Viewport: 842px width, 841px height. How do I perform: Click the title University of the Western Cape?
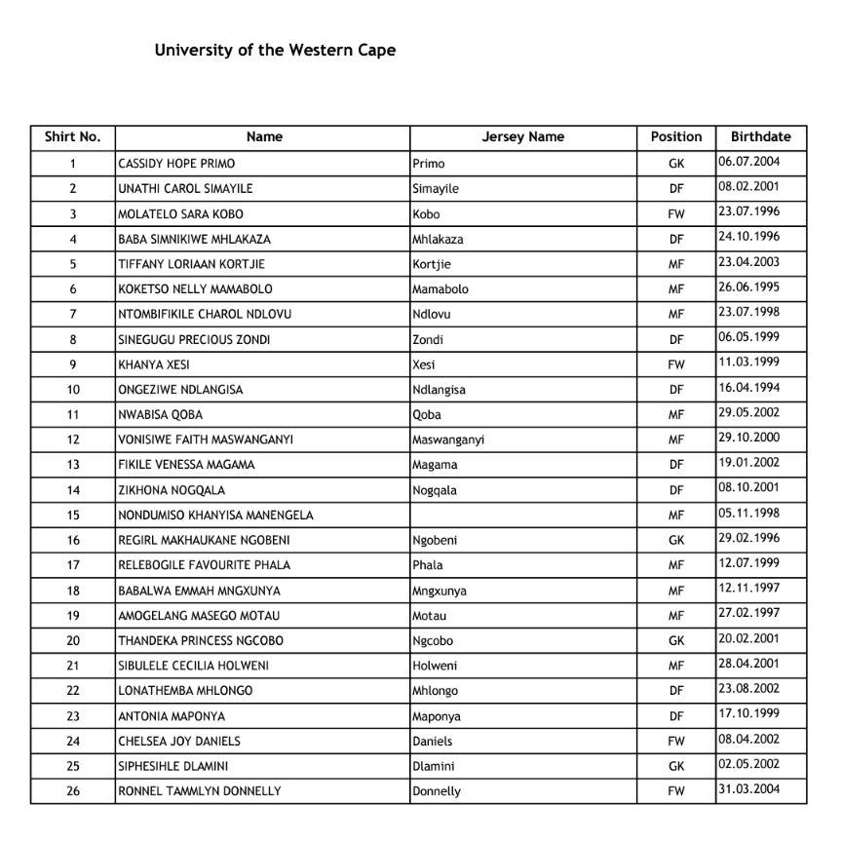(x=275, y=50)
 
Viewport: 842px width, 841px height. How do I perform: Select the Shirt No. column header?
(x=72, y=137)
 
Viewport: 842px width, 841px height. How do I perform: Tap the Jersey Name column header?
(x=522, y=137)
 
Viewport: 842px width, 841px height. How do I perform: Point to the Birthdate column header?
(x=760, y=137)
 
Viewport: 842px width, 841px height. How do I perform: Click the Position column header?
(x=675, y=137)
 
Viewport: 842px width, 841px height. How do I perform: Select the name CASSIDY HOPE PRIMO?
(x=176, y=164)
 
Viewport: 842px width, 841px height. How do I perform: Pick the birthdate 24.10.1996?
(x=748, y=237)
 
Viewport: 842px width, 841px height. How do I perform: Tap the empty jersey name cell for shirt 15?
(x=522, y=515)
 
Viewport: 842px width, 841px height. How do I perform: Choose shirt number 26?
(x=73, y=791)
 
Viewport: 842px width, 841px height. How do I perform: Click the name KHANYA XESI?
(x=154, y=364)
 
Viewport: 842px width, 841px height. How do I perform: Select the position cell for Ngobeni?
(x=676, y=540)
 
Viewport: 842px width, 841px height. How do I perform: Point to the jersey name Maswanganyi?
(x=448, y=440)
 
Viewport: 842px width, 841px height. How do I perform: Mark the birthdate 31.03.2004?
(x=748, y=789)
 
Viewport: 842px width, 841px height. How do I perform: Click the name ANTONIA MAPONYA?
(x=160, y=716)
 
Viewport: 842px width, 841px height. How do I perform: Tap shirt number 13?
(x=73, y=465)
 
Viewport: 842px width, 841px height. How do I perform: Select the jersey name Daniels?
(x=433, y=742)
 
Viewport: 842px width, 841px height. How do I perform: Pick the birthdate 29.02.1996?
(x=748, y=538)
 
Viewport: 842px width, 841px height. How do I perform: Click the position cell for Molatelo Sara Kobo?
(x=676, y=214)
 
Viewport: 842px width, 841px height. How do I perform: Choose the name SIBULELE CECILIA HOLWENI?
(x=193, y=666)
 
